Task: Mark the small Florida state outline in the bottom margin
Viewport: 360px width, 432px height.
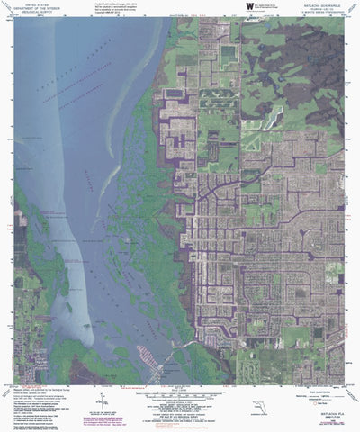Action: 260,407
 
